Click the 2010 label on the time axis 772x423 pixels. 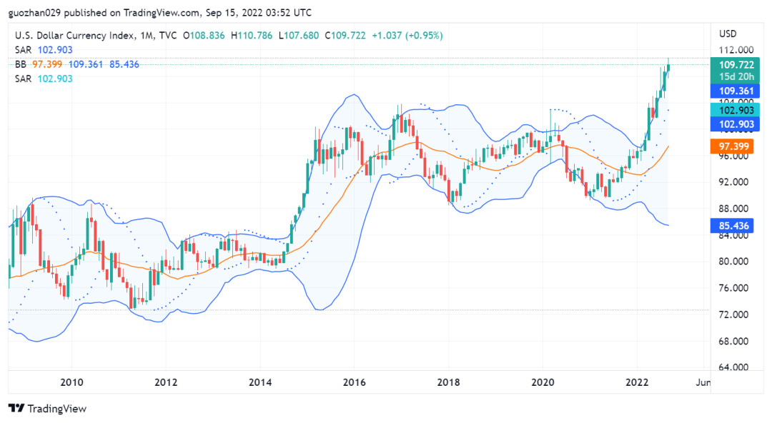click(x=71, y=382)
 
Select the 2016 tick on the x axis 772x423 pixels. click(x=355, y=382)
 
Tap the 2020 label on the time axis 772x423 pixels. click(x=543, y=382)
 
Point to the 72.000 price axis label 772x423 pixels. click(x=734, y=314)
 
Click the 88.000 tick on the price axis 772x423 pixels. click(x=734, y=209)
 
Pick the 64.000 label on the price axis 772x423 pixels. click(x=734, y=367)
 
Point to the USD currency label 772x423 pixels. click(x=728, y=34)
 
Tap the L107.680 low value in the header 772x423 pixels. click(x=300, y=35)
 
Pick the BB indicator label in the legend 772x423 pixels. click(x=21, y=64)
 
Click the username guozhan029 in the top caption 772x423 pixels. click(x=36, y=12)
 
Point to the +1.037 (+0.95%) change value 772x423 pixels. click(x=407, y=35)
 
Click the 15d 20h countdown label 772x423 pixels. click(x=736, y=76)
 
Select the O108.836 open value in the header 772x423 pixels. click(x=204, y=35)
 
